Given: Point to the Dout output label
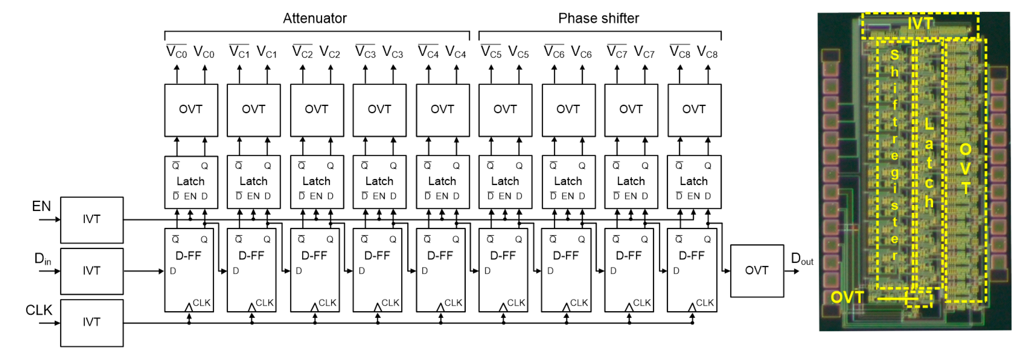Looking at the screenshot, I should (802, 259).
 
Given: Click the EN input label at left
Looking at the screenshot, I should (41, 206).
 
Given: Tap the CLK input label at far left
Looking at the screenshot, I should (39, 310).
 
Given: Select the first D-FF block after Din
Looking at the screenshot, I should (189, 270).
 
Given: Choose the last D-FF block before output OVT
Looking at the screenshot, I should (692, 270).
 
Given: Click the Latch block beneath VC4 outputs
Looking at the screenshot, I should (442, 182).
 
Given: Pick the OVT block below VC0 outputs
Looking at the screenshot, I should (191, 110).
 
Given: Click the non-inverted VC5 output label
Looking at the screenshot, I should (518, 52).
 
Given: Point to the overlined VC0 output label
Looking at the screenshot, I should (176, 52).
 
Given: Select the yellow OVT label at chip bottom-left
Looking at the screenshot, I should (847, 298).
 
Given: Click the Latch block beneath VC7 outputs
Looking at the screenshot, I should (630, 182).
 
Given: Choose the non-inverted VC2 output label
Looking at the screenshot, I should (330, 52).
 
